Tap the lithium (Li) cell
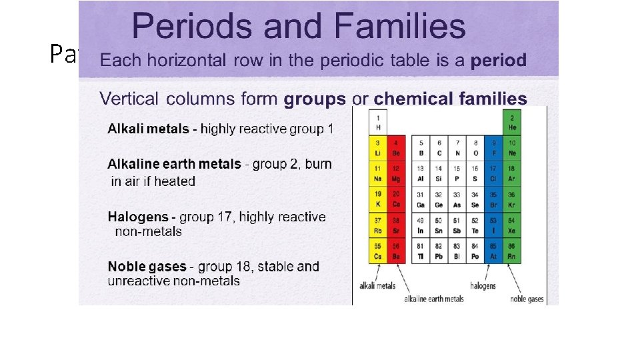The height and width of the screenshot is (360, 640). [377, 148]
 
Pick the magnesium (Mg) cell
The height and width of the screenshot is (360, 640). [395, 174]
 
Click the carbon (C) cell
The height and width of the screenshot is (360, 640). [438, 148]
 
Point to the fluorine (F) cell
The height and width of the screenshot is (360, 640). [493, 148]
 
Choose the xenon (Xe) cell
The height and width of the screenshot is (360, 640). [512, 225]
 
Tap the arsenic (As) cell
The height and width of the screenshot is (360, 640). [457, 200]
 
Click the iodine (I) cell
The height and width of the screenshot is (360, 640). [493, 225]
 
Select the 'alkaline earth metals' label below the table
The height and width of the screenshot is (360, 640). [434, 299]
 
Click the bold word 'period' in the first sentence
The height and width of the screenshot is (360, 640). [499, 60]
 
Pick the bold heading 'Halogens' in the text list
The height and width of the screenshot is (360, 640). [137, 217]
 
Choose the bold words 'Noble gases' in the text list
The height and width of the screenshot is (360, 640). [147, 267]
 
